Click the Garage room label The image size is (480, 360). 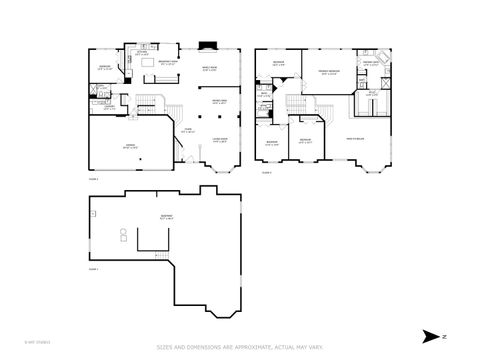pyautogui.click(x=130, y=146)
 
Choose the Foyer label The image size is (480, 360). pyautogui.click(x=188, y=130)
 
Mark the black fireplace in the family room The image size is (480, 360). pyautogui.click(x=208, y=45)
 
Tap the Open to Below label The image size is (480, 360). pyautogui.click(x=355, y=138)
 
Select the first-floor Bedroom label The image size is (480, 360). pyautogui.click(x=105, y=67)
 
